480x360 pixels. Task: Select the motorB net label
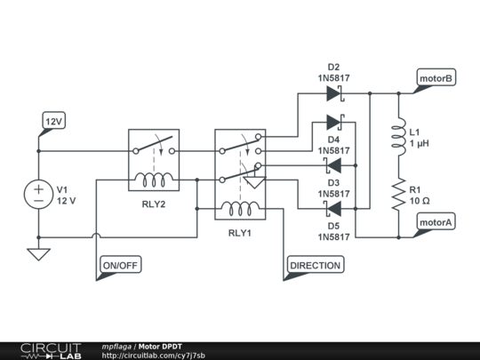pyautogui.click(x=436, y=79)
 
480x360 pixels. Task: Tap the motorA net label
pyautogui.click(x=436, y=223)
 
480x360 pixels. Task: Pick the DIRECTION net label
pyautogui.click(x=315, y=265)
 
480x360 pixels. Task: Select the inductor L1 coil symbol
pyautogui.click(x=396, y=137)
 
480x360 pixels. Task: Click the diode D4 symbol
pyautogui.click(x=334, y=122)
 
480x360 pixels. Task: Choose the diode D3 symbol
pyautogui.click(x=334, y=165)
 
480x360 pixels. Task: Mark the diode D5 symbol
pyautogui.click(x=334, y=209)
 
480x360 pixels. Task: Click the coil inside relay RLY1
pyautogui.click(x=241, y=209)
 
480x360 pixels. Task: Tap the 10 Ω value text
pyautogui.click(x=419, y=202)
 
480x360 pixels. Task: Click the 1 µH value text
pyautogui.click(x=420, y=143)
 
